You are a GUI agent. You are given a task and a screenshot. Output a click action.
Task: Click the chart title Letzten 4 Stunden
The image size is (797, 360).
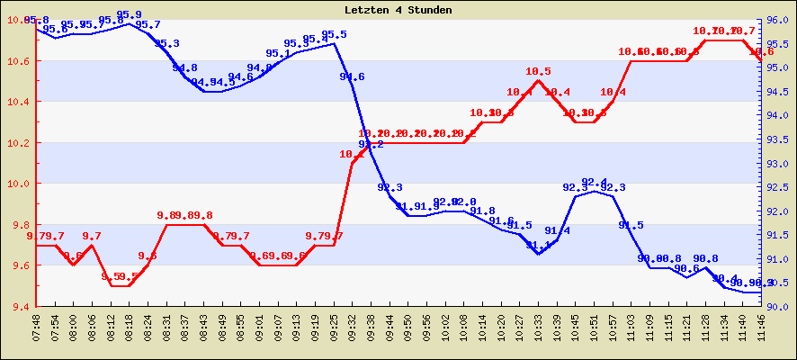(398, 10)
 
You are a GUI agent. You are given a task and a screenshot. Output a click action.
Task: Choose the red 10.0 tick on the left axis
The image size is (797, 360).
(19, 184)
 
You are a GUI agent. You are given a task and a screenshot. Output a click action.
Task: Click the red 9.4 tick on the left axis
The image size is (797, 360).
(19, 306)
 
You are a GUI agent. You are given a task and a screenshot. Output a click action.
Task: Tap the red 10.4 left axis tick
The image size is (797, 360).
(19, 102)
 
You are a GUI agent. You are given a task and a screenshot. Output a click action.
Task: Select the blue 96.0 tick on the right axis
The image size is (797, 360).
(779, 20)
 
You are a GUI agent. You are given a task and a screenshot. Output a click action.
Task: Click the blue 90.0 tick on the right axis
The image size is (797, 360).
(779, 306)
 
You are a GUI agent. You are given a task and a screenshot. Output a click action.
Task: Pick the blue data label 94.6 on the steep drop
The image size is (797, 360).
(352, 76)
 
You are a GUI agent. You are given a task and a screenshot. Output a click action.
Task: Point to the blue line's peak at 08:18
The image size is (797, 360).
(130, 23)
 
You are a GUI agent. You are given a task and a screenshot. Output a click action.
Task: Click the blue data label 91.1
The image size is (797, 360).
(539, 245)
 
